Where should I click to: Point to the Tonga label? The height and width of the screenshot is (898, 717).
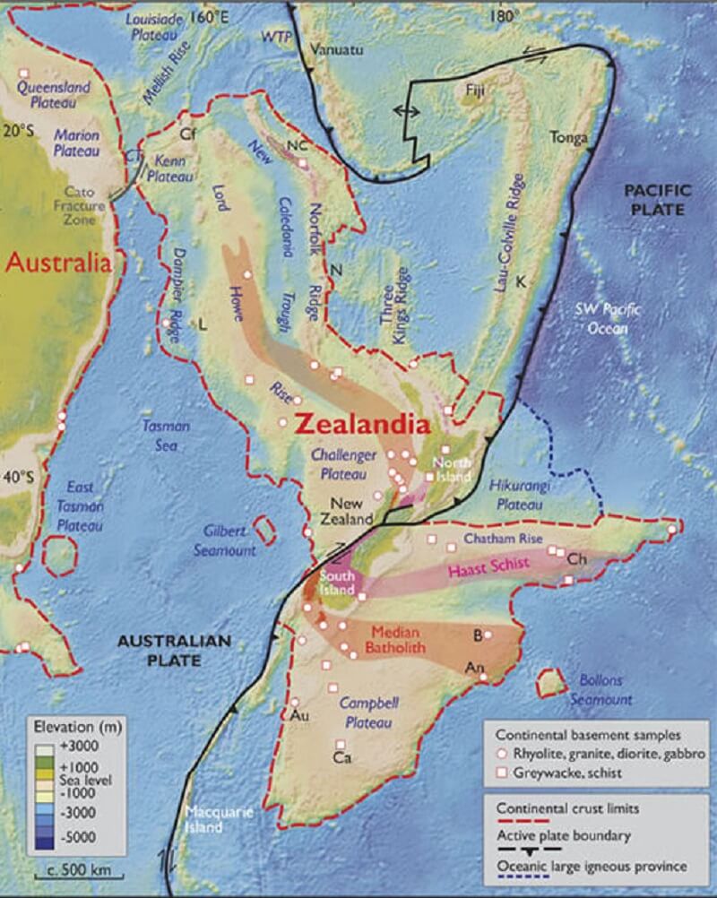570,139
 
